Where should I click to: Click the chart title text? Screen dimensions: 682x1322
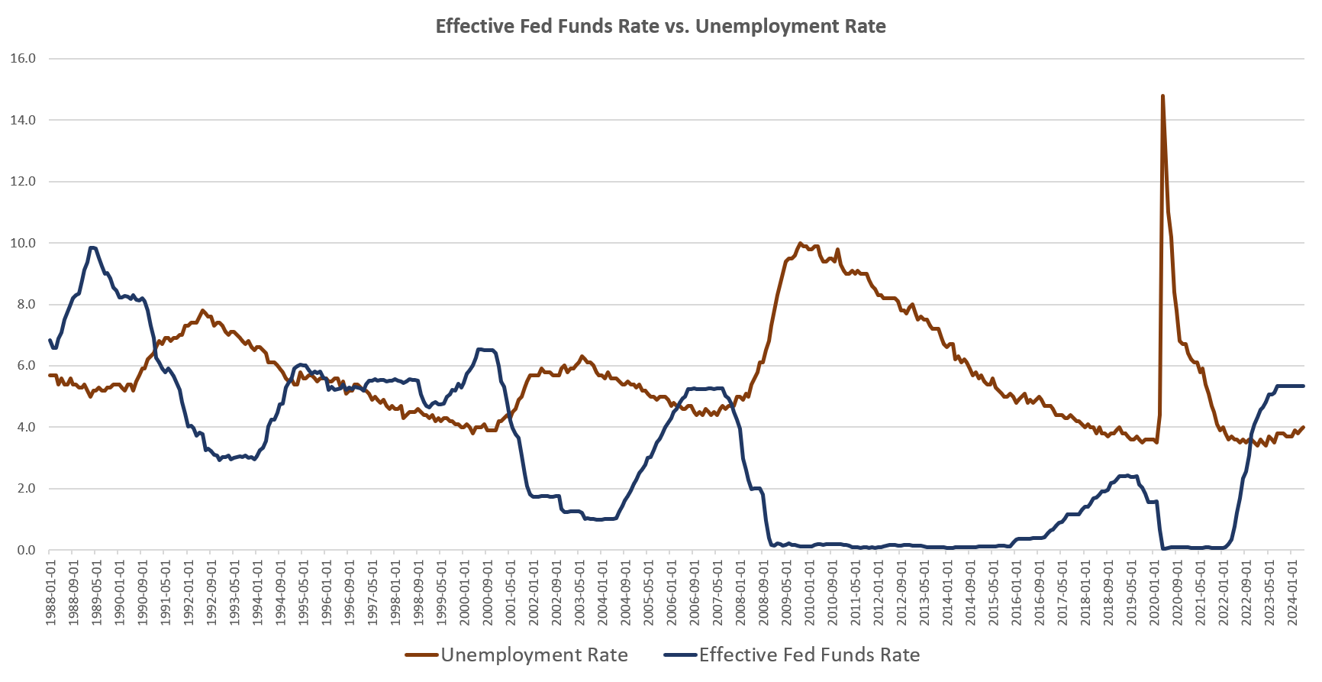(660, 27)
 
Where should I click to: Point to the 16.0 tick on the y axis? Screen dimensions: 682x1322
(23, 59)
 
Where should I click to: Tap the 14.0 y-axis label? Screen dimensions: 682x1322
(23, 120)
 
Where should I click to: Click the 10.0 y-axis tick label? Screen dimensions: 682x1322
(23, 243)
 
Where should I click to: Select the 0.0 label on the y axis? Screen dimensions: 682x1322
(26, 550)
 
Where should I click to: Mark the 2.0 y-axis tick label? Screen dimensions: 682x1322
(26, 489)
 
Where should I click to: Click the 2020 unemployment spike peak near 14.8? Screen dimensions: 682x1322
(1162, 96)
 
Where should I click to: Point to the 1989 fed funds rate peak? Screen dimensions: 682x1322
(92, 247)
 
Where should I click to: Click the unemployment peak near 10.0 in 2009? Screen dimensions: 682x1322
(800, 244)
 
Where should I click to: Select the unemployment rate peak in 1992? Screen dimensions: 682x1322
(202, 310)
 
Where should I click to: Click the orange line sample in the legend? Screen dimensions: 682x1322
(421, 655)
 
